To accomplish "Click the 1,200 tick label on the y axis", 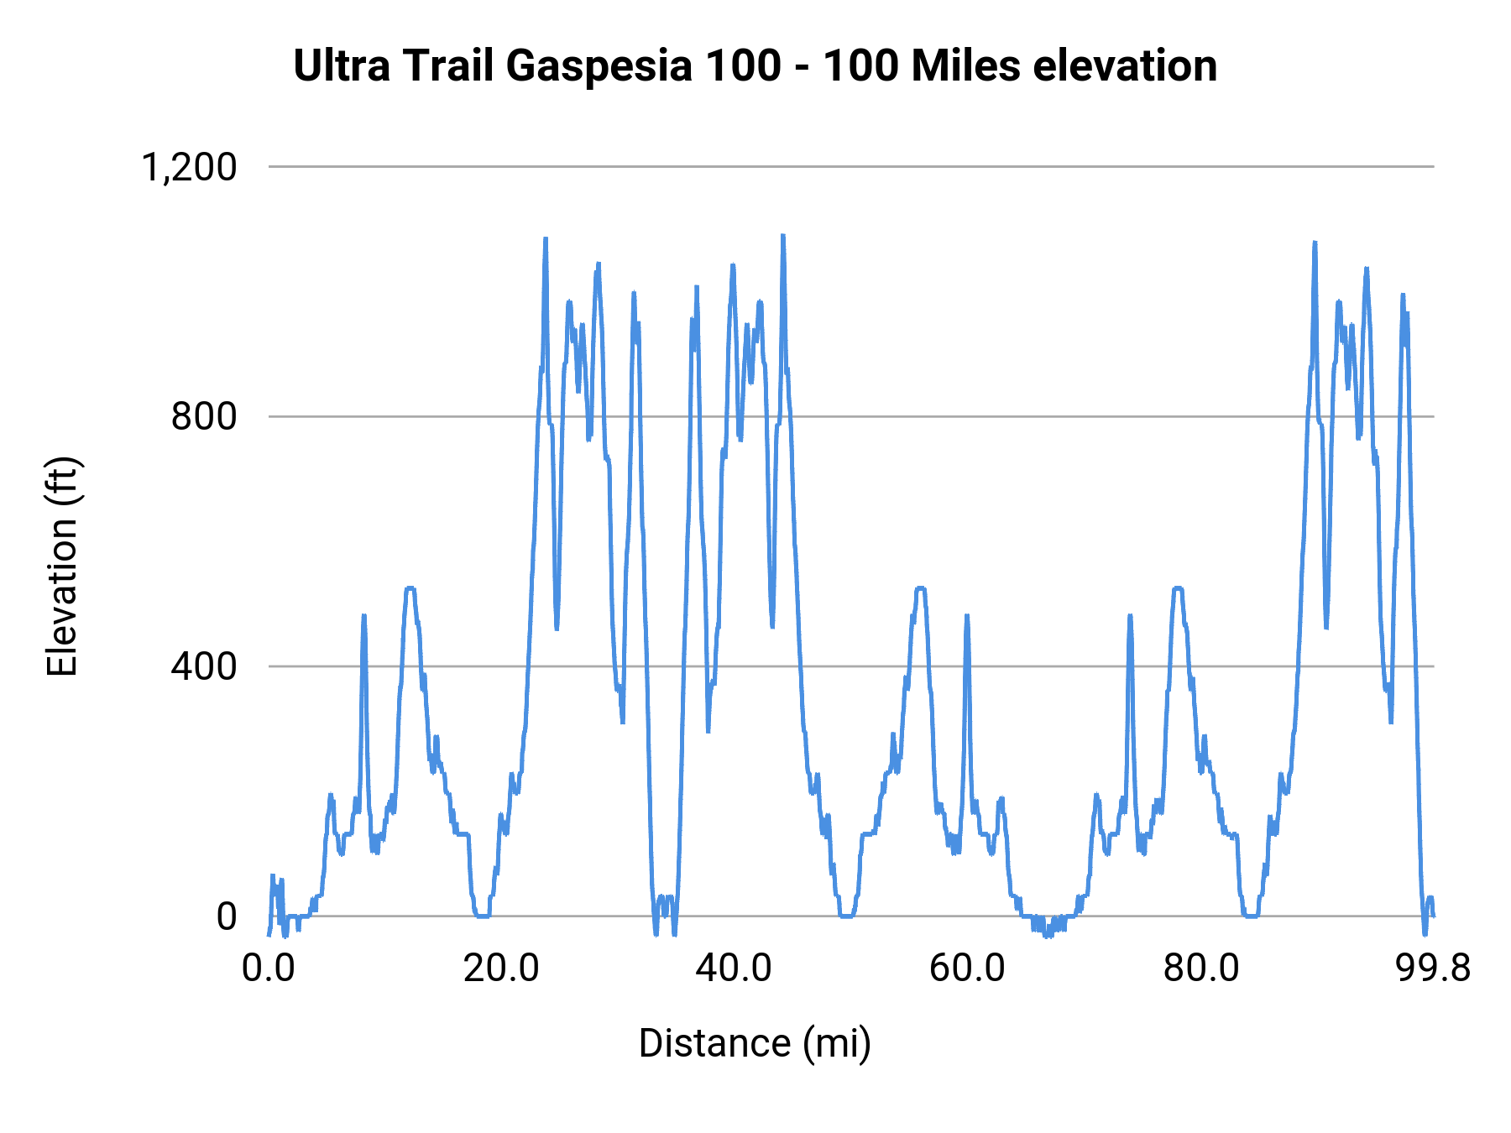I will coord(190,167).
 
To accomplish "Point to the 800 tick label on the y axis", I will coord(204,416).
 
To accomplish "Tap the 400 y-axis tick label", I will coord(204,666).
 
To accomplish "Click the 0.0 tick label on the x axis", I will coord(269,969).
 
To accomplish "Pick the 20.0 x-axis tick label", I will coord(501,969).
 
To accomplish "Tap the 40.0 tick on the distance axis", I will coord(735,969).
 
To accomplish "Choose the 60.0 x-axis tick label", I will coord(967,969).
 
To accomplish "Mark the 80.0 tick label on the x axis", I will coord(1200,969).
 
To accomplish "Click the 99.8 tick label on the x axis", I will coord(1433,969).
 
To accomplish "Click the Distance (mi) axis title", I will coord(755,1043).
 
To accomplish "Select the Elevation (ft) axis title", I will coord(62,566).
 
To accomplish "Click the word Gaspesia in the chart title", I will coord(599,65).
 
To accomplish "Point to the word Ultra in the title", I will coord(342,65).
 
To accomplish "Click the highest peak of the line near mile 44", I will coord(782,237).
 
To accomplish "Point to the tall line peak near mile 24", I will coord(546,240).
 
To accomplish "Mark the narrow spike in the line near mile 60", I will coord(967,617).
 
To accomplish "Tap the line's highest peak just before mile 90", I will coord(1315,243).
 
